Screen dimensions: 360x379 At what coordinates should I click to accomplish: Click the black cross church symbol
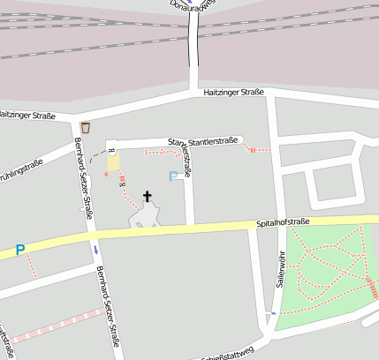point(147,196)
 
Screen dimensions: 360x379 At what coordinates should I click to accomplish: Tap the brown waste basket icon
point(85,128)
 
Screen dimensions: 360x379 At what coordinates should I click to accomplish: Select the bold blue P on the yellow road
point(20,251)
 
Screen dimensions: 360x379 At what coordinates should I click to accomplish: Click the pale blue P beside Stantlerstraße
point(174,176)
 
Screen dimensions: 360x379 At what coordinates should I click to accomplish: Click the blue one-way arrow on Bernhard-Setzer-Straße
point(95,250)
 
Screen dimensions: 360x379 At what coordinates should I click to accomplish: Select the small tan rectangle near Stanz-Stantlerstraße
point(113,162)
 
